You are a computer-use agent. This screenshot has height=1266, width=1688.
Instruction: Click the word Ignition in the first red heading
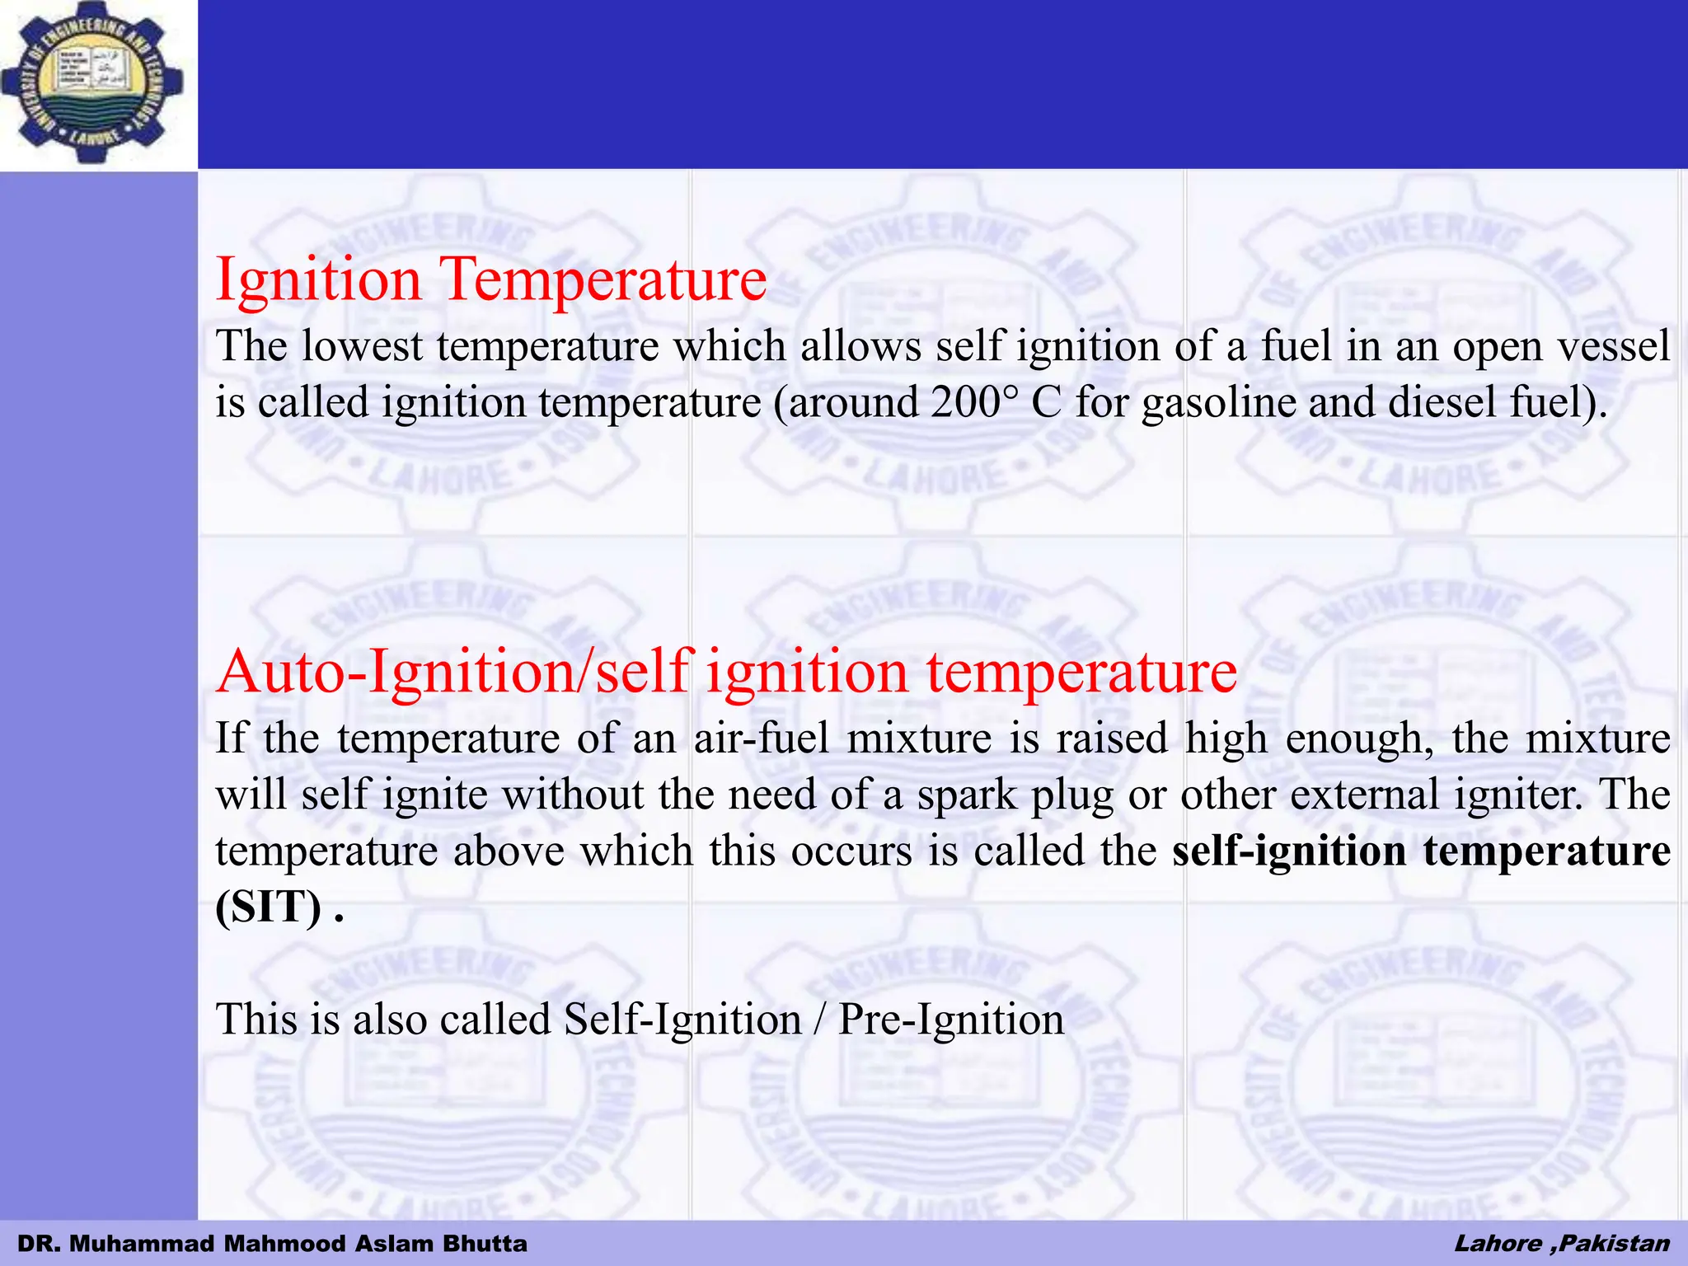point(318,279)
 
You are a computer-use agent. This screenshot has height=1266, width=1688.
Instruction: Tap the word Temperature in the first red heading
point(606,279)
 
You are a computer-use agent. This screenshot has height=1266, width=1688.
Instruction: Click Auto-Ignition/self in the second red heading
point(453,671)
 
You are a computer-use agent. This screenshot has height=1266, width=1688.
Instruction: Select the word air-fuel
point(761,738)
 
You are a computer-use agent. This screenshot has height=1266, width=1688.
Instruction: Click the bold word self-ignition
point(1288,851)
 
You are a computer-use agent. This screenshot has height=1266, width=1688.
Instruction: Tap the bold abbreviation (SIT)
point(269,907)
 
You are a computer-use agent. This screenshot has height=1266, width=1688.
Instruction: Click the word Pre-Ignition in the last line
point(951,1020)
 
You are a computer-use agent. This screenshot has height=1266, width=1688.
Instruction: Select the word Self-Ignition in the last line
point(682,1020)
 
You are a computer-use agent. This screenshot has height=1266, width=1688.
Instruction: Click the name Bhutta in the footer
point(485,1244)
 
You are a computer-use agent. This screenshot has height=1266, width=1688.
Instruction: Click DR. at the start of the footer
point(36,1244)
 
